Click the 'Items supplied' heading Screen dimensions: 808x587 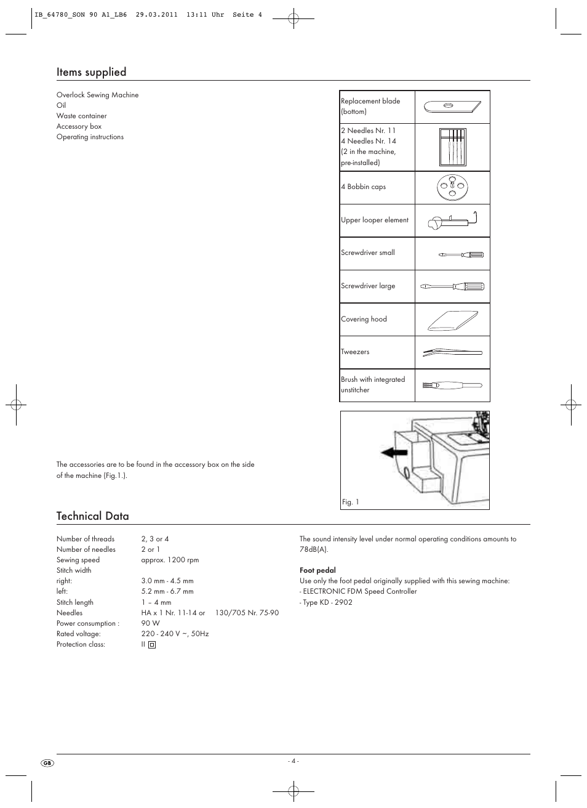point(91,72)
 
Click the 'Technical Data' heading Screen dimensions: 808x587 point(92,516)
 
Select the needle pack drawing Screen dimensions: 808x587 point(452,147)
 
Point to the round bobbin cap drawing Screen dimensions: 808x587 point(452,187)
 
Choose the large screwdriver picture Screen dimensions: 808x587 point(452,287)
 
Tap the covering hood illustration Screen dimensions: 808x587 point(452,320)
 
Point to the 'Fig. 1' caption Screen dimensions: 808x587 point(350,503)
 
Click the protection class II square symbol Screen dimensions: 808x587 point(152,645)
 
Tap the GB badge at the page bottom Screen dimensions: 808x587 point(47,763)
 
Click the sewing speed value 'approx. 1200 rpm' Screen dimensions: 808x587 point(170,560)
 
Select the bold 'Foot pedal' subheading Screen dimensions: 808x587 point(317,570)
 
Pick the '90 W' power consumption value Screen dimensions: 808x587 point(150,623)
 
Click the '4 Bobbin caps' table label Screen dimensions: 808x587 point(363,187)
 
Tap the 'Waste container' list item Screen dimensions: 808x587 point(81,116)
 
